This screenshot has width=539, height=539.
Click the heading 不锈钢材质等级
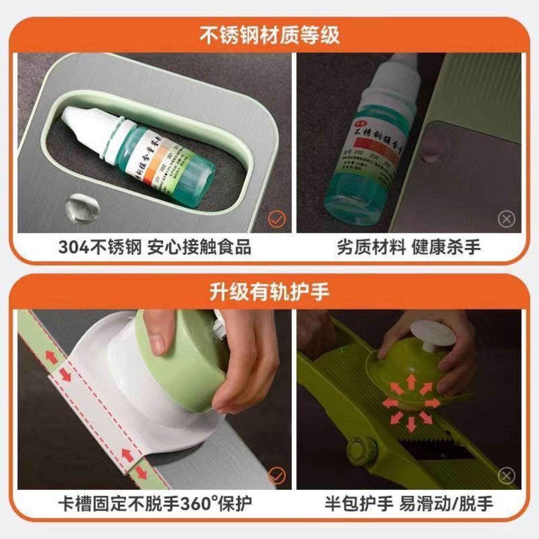269,36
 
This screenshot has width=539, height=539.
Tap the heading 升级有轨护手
269,292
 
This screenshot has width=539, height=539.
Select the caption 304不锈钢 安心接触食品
155,247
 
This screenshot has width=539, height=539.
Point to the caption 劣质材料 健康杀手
408,247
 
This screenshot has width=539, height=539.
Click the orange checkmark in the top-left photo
277,219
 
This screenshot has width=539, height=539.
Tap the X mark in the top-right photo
506,219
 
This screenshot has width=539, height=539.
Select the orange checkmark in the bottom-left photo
277,476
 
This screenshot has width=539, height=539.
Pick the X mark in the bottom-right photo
506,476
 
